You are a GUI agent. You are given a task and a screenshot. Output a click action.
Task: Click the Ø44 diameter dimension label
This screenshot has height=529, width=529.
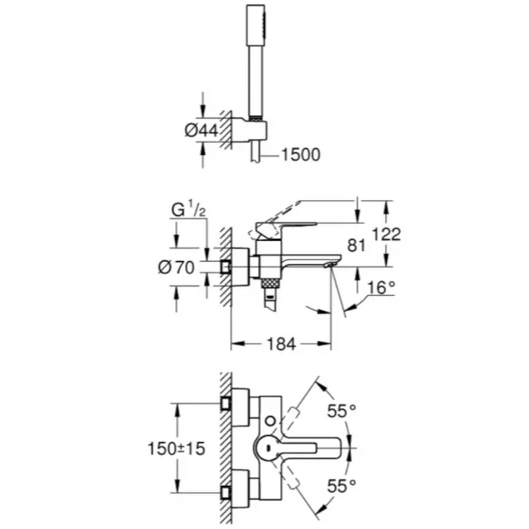[201, 130]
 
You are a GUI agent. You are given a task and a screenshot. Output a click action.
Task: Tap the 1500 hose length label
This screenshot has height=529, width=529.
[301, 155]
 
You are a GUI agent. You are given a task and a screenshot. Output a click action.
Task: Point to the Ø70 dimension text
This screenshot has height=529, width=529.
[176, 267]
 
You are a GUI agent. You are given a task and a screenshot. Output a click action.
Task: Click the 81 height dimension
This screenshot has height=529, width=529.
[356, 245]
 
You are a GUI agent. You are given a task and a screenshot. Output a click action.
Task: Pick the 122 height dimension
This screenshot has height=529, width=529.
[387, 234]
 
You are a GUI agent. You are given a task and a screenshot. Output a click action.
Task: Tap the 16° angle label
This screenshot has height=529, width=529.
[381, 287]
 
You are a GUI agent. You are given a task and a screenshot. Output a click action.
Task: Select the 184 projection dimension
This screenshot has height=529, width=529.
[281, 344]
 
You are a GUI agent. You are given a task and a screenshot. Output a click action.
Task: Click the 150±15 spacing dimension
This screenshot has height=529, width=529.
[177, 449]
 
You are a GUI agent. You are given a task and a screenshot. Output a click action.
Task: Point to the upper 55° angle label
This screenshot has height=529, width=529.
[341, 411]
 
